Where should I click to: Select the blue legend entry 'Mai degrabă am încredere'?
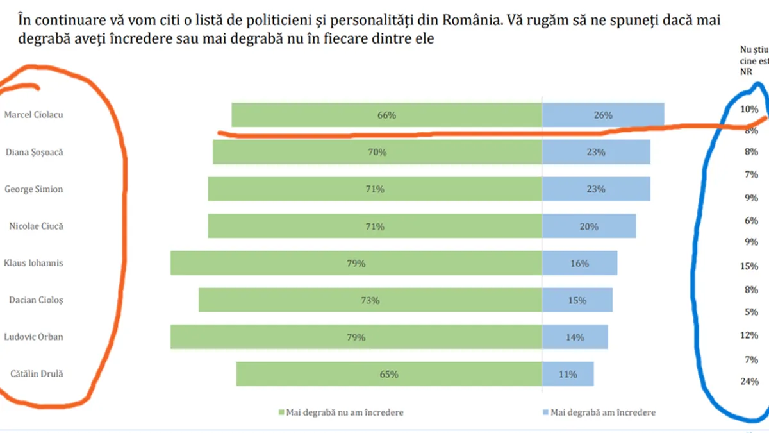(x=600, y=412)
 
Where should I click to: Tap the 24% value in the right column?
(x=749, y=381)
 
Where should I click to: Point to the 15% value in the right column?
(x=749, y=266)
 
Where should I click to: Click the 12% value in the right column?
(x=749, y=335)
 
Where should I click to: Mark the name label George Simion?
(x=34, y=189)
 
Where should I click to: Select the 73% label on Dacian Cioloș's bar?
(x=370, y=300)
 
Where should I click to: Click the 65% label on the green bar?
(x=389, y=374)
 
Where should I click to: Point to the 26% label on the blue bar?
(x=603, y=115)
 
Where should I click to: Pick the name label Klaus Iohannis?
(x=33, y=263)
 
